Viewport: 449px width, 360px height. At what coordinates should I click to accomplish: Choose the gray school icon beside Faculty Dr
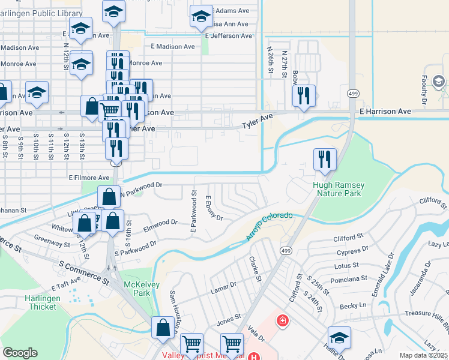pos(438,81)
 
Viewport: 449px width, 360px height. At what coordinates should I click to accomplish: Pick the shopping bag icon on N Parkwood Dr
pos(109,197)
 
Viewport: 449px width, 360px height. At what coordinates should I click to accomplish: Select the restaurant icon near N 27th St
pos(304,95)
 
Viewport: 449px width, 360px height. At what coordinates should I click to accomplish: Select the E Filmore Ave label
pos(89,178)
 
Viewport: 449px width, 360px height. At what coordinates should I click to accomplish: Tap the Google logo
pos(20,353)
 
